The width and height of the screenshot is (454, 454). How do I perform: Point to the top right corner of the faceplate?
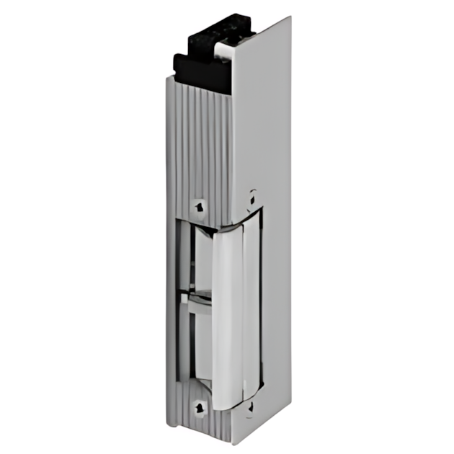[290, 18]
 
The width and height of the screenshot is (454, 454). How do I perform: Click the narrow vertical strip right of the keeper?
[252, 310]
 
